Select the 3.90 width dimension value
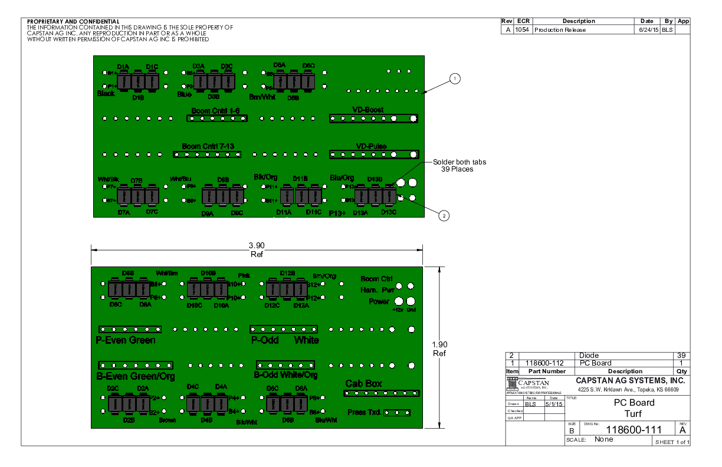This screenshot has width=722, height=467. (257, 245)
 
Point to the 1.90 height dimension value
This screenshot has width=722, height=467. (439, 345)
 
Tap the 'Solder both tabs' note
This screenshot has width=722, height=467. (460, 162)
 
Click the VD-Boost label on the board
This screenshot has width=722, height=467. (367, 110)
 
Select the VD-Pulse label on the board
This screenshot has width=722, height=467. (371, 146)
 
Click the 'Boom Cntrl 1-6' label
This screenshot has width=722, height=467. (215, 110)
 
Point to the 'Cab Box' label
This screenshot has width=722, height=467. (363, 384)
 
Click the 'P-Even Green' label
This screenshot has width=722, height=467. (126, 340)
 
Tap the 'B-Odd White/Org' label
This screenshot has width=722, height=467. (285, 375)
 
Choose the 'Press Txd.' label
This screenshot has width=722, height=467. (365, 412)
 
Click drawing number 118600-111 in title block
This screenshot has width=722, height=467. (634, 430)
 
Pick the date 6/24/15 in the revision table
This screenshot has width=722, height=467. (648, 29)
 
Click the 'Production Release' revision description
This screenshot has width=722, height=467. (560, 29)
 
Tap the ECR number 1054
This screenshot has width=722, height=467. (522, 29)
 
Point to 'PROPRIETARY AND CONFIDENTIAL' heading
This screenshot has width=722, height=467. (73, 21)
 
